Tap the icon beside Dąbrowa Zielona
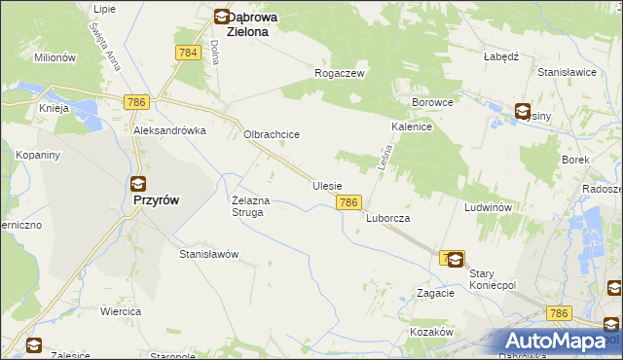(222, 17)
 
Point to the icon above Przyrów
(138, 182)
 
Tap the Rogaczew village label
(339, 73)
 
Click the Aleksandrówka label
(170, 130)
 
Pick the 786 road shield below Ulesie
(350, 202)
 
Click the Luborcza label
(387, 219)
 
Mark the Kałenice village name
(412, 126)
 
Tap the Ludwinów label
(488, 208)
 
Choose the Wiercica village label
(121, 311)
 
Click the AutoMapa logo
(559, 342)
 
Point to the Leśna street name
(382, 160)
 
